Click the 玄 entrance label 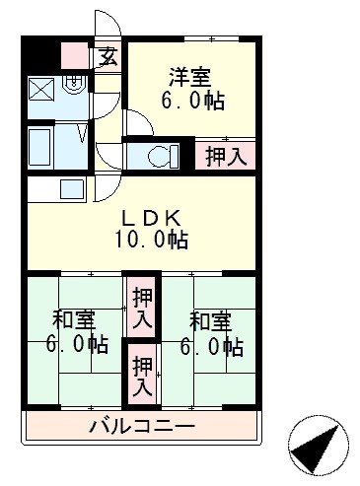click(x=108, y=56)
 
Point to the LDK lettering click(x=150, y=217)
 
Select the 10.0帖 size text click(x=150, y=240)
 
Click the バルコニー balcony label click(x=141, y=427)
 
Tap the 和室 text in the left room click(x=72, y=319)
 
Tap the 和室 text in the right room click(x=210, y=319)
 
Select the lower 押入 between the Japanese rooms click(x=143, y=373)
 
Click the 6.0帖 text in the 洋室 click(x=194, y=101)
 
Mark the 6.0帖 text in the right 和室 click(x=210, y=346)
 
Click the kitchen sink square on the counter click(x=73, y=188)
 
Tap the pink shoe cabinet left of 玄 click(x=76, y=55)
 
